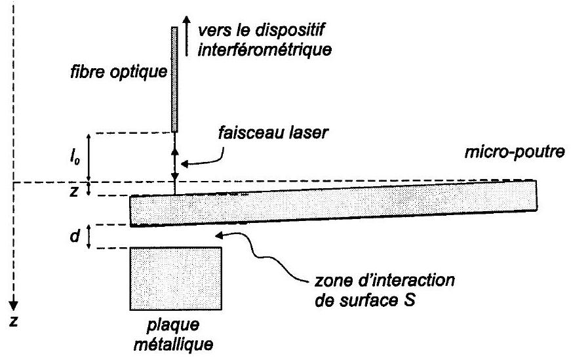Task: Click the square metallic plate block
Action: (x=175, y=277)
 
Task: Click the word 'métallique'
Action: (x=175, y=343)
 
